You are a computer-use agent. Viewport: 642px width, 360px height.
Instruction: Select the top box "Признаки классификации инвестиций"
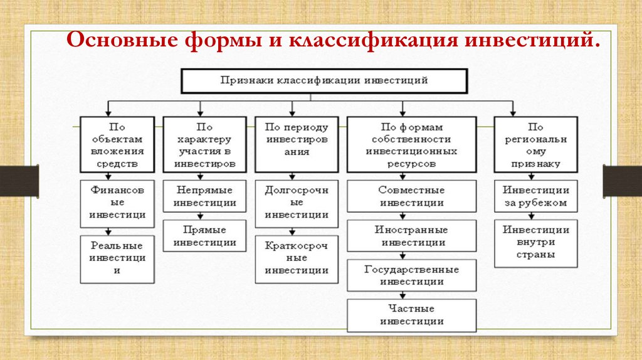(324, 81)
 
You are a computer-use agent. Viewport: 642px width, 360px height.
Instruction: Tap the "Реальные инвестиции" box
(117, 258)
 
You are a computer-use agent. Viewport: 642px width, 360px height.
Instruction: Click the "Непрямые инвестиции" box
(205, 196)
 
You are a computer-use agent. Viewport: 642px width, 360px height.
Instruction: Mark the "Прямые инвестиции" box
(205, 236)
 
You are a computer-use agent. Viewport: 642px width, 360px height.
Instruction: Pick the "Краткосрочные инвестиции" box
(297, 258)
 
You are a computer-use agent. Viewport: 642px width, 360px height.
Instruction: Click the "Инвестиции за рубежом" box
(536, 196)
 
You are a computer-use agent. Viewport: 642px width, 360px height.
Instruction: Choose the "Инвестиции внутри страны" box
(536, 243)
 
